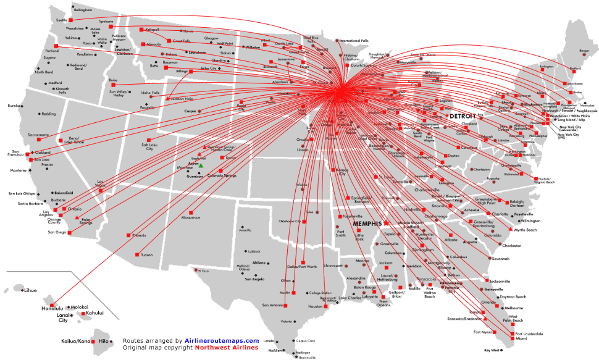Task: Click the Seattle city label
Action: click(61, 20)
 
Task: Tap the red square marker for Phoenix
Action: click(128, 235)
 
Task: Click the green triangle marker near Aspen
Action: click(201, 165)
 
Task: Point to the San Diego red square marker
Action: click(70, 233)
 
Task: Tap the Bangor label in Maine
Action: click(584, 50)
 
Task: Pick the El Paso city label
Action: click(205, 271)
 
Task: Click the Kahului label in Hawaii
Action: click(94, 313)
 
